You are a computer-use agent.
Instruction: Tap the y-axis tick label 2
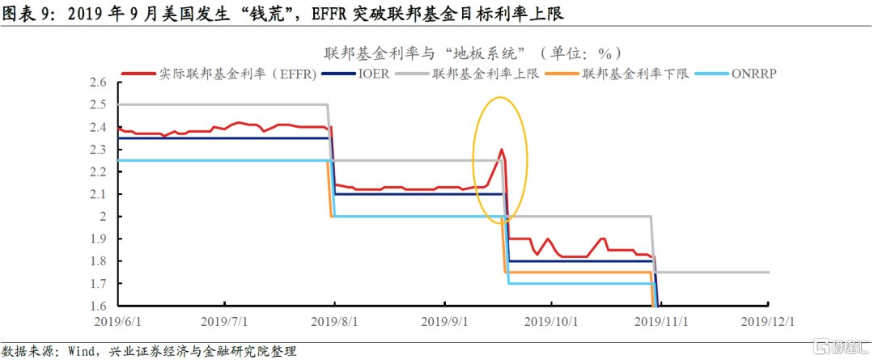(103, 217)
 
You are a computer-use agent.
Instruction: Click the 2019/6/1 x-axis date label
(119, 321)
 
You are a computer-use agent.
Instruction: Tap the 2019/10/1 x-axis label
(550, 321)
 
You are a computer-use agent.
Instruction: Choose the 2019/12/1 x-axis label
(766, 321)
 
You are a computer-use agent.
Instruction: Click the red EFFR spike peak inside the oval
(502, 149)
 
